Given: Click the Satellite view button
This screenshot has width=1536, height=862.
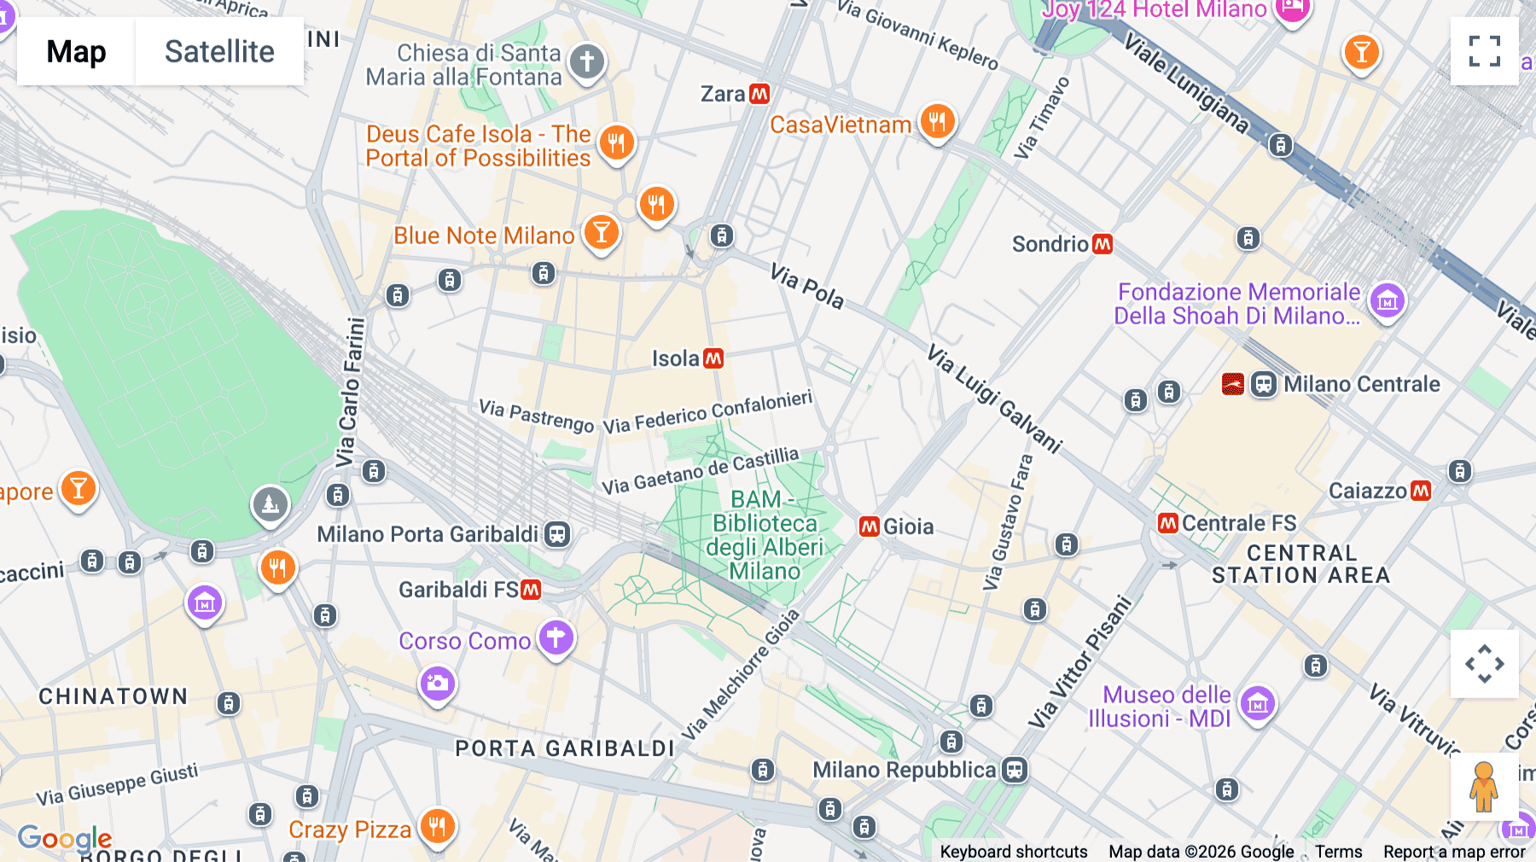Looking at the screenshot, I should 219,51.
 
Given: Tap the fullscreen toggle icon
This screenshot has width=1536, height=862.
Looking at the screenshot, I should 1484,51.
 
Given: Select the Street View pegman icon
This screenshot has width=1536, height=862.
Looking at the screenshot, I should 1484,786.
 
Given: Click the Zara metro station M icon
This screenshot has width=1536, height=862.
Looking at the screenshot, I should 759,94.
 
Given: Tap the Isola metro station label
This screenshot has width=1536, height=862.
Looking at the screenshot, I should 676,358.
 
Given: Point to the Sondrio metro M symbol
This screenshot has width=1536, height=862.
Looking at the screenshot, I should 1103,244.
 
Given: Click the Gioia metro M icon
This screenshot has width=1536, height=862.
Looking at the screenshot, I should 870,527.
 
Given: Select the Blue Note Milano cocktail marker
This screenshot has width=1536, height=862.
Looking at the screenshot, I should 601,231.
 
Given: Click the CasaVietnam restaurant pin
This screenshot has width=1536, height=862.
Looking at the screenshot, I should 937,121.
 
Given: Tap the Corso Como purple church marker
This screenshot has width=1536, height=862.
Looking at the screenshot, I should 556,637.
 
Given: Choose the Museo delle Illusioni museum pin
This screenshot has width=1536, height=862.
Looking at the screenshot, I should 1257,704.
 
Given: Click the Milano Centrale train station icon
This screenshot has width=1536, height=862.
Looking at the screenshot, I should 1263,384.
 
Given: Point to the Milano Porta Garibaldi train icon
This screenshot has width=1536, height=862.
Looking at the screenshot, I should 557,534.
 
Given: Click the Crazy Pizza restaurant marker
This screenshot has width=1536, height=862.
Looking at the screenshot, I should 437,825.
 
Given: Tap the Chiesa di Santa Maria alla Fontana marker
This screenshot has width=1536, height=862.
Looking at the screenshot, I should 586,61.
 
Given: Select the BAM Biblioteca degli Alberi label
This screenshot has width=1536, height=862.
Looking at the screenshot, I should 765,535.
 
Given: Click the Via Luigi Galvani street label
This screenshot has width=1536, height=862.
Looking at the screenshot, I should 994,399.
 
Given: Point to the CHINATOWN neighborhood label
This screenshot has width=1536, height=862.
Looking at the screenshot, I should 113,696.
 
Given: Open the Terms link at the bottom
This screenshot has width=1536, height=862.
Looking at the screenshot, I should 1338,851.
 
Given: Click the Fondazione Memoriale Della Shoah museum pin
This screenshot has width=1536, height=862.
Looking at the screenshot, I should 1387,300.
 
